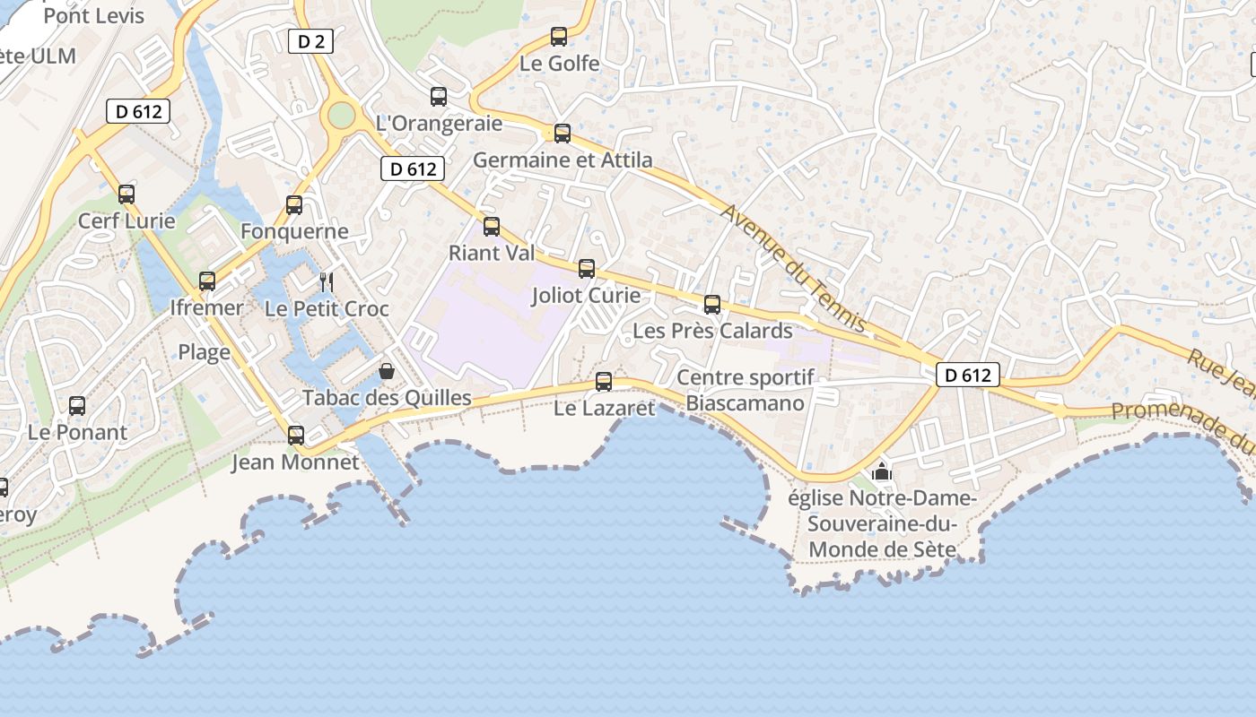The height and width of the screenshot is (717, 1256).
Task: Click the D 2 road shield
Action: pos(310,40)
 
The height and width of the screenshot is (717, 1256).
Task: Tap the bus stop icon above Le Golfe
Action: pos(559,37)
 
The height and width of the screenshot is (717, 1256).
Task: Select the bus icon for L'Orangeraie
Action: pos(439,97)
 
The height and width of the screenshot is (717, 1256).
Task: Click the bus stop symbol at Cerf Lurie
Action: pos(126,194)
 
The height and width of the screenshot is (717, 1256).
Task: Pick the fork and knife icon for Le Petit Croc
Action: pos(327,282)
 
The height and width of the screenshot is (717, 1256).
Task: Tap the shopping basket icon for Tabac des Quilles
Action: pos(387,371)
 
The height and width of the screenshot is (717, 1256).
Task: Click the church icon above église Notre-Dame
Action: pos(881,471)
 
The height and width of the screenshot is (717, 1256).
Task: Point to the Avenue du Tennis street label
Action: pos(793,267)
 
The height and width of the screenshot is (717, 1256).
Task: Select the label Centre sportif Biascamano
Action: pos(745,390)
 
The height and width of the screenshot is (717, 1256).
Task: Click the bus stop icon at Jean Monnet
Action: pos(296,436)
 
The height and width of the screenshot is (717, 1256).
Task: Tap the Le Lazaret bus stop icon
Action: pos(604,382)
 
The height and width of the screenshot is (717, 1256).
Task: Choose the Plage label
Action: pos(204,352)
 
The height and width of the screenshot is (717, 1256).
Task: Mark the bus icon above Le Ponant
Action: pos(77,406)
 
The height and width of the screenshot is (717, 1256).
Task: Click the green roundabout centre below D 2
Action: pos(342,115)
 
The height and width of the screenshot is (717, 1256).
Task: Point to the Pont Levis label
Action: pos(93,16)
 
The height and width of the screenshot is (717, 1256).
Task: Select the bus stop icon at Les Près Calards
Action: pos(712,305)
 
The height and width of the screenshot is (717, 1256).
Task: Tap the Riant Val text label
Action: pos(491,253)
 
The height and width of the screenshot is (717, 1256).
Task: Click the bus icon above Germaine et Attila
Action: pos(563,134)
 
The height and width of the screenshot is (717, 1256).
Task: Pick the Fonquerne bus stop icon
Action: pos(294,205)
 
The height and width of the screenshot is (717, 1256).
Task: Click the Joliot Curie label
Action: pos(586,295)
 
